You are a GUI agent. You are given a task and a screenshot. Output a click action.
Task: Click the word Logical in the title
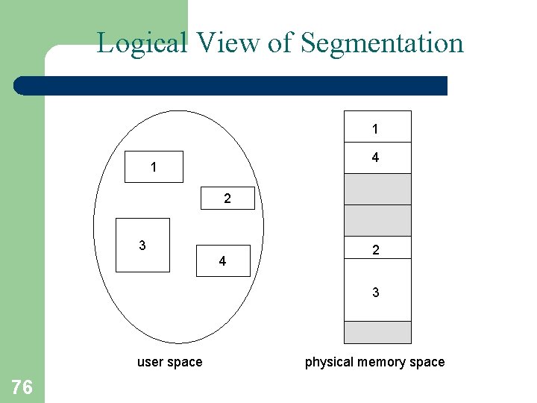pos(142,43)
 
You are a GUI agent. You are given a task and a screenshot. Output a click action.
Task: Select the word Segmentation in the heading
pos(382,43)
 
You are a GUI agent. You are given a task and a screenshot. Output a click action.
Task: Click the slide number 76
pos(22,387)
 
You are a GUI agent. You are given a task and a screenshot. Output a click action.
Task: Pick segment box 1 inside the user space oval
pos(154,167)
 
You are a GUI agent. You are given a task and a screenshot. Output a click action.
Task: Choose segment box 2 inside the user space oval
pos(227,199)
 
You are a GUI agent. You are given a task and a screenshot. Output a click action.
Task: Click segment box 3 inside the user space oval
pos(142,245)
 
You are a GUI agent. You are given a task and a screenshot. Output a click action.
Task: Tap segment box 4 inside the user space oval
pos(222,261)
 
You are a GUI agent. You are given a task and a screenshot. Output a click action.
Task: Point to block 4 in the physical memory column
pos(377,157)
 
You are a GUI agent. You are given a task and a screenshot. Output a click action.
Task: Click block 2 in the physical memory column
pos(377,249)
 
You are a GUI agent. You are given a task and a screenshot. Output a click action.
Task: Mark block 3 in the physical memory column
pos(377,290)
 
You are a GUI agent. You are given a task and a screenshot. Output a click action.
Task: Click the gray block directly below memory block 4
pos(377,189)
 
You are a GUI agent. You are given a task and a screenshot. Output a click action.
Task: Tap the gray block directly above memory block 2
pos(377,220)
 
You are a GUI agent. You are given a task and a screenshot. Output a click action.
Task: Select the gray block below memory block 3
pos(377,332)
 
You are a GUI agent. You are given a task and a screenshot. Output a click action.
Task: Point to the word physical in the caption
pos(329,363)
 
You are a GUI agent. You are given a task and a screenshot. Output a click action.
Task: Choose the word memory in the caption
pos(380,363)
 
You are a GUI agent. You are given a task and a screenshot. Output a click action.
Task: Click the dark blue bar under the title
pos(231,86)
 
